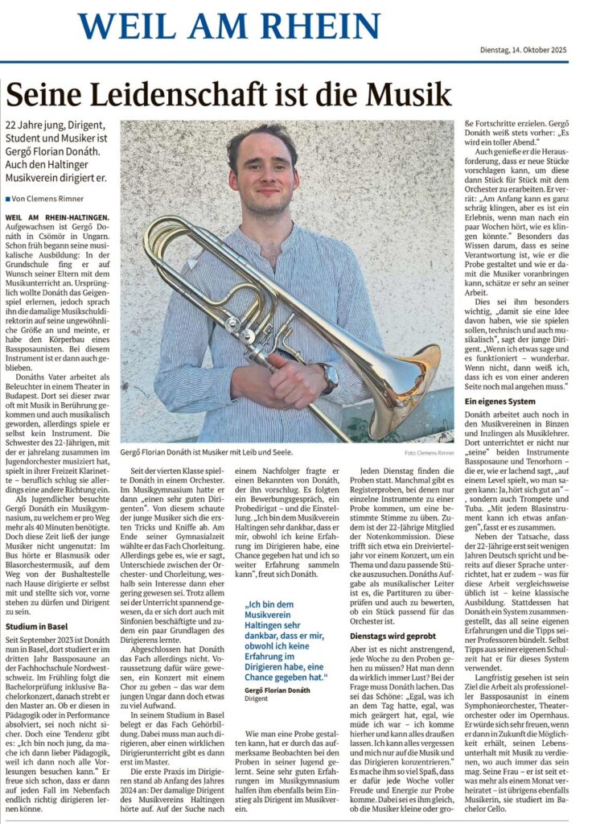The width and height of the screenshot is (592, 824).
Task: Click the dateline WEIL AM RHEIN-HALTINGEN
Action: pos(57,218)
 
